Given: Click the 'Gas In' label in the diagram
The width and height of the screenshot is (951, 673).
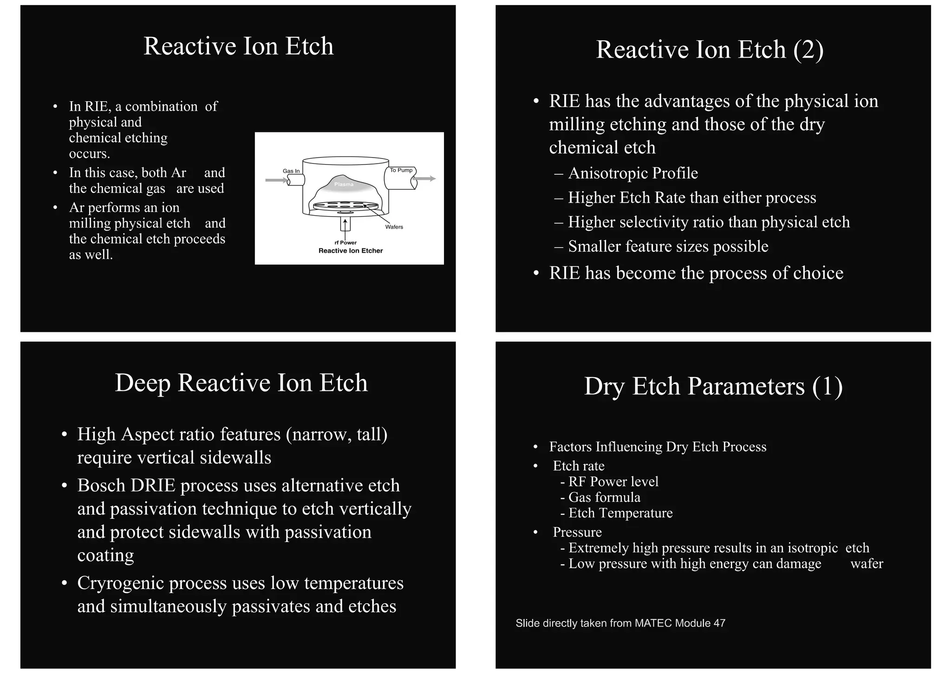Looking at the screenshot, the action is click(291, 171).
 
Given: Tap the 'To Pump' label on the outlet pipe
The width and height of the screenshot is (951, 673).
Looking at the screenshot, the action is click(401, 170).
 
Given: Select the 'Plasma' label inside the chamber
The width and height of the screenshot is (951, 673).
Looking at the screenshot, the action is click(344, 185).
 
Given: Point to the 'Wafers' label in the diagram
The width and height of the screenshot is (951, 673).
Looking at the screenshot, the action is click(394, 227).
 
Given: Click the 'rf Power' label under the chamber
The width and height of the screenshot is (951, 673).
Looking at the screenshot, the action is click(345, 243).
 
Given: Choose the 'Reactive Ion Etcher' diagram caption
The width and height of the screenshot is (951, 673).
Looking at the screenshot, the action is click(351, 251).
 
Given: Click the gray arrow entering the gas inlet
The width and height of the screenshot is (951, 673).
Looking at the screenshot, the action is click(276, 180).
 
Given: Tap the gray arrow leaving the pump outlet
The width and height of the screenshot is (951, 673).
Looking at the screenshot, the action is click(424, 178).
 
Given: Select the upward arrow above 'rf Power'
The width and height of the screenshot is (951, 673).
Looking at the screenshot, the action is click(345, 224).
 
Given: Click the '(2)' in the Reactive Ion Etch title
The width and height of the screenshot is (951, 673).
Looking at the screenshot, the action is click(808, 50).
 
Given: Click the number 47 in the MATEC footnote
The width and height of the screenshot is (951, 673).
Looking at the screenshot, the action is click(719, 623).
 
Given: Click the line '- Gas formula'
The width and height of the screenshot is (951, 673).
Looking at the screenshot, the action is click(600, 497).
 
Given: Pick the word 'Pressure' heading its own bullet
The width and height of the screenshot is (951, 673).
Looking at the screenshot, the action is click(577, 532).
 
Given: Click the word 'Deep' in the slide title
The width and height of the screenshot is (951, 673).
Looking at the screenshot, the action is click(143, 383).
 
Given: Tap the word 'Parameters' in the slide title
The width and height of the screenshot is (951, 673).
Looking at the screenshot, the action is click(747, 386).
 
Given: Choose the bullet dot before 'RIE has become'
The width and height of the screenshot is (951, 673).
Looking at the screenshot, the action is click(536, 273).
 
